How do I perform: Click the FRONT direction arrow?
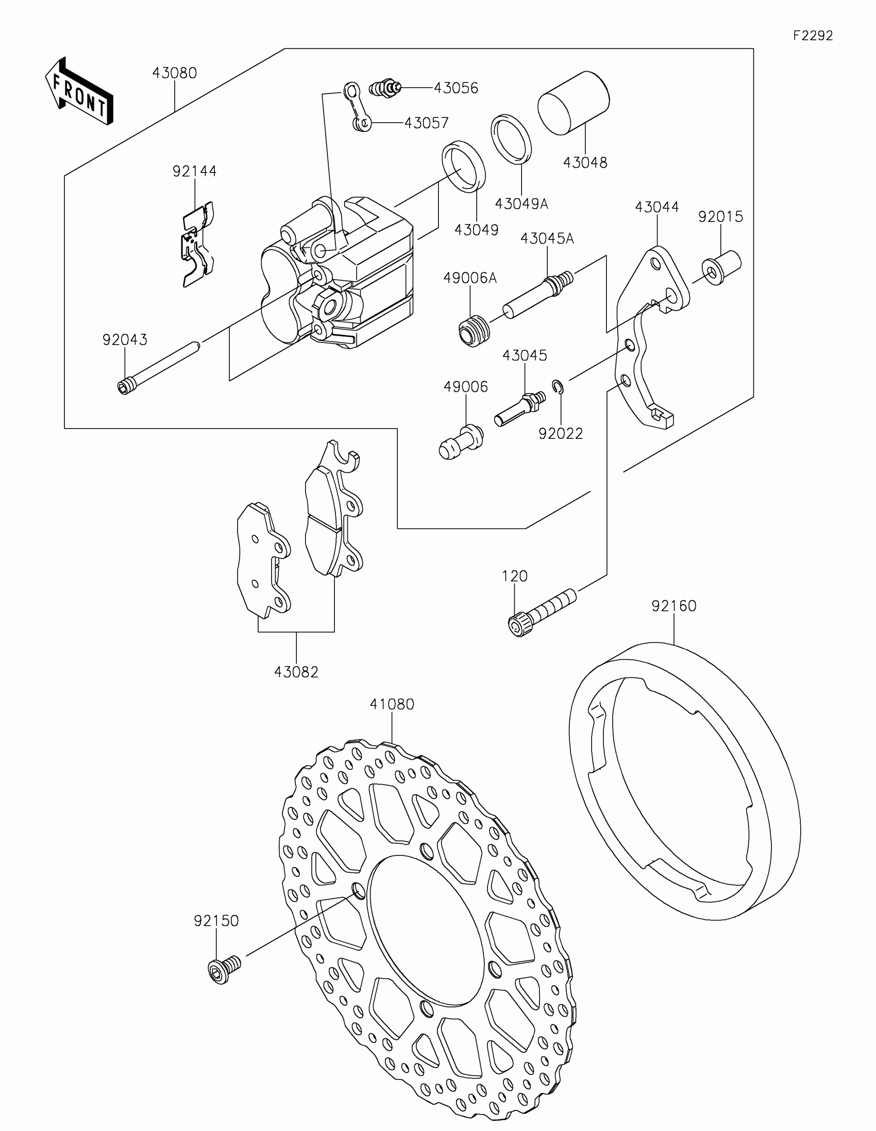pyautogui.click(x=79, y=91)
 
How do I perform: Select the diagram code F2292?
pyautogui.click(x=813, y=36)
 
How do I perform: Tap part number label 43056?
pyautogui.click(x=456, y=88)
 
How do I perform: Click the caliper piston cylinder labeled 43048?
pyautogui.click(x=574, y=102)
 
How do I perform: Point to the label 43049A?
pyautogui.click(x=521, y=204)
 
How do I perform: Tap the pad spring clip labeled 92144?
pyautogui.click(x=198, y=244)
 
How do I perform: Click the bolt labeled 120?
pyautogui.click(x=542, y=610)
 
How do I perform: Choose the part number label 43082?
pyautogui.click(x=296, y=672)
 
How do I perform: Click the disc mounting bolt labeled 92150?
pyautogui.click(x=224, y=969)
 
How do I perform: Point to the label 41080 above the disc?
pyautogui.click(x=392, y=704)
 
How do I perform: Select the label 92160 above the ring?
pyautogui.click(x=674, y=606)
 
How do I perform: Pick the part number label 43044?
pyautogui.click(x=657, y=207)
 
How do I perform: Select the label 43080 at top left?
pyautogui.click(x=175, y=73)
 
